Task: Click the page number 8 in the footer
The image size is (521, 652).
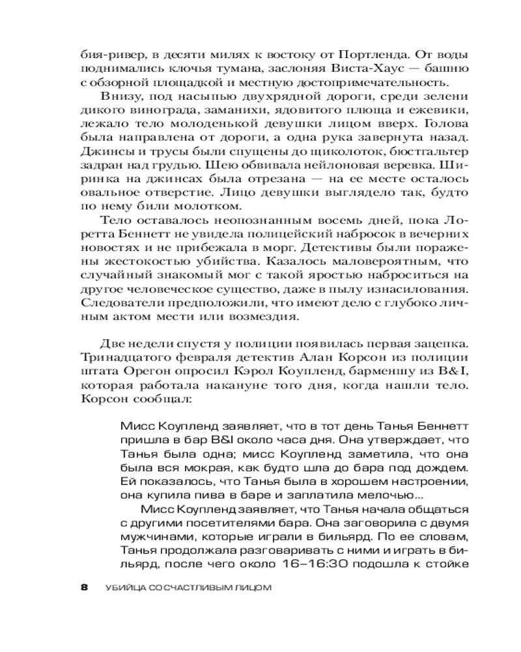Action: coord(83,588)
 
